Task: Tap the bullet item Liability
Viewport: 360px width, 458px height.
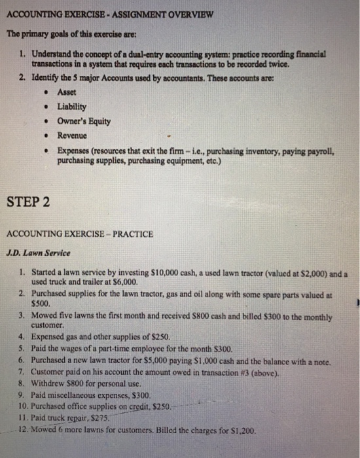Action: tap(72, 106)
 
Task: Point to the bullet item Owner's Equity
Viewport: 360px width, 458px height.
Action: tap(84, 121)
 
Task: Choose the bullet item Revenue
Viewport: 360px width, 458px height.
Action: tap(72, 135)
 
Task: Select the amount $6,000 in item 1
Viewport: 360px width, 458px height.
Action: tap(126, 281)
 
